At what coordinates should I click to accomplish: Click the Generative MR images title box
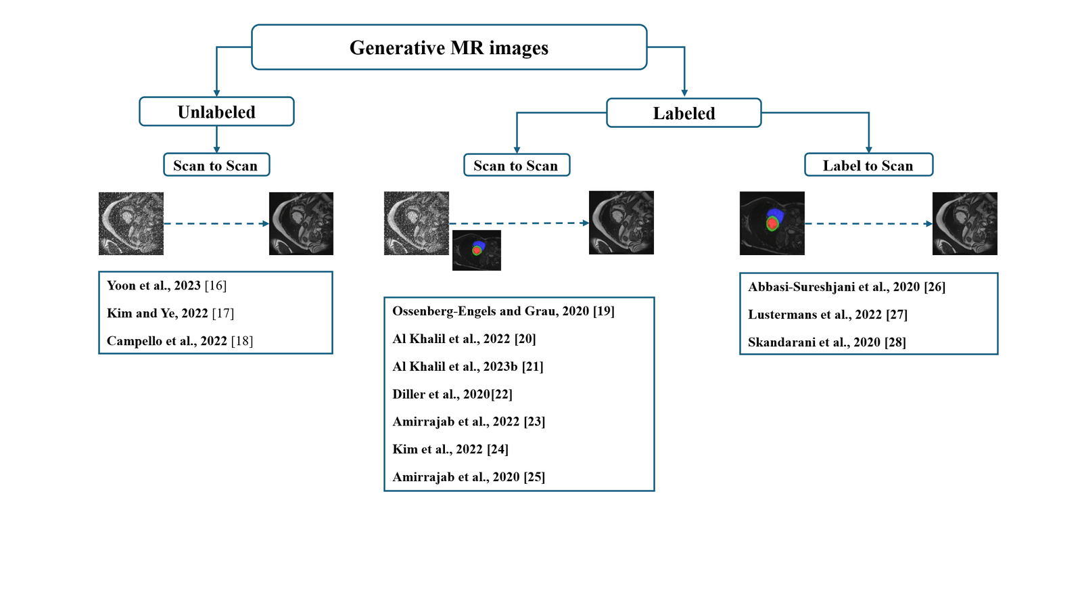449,47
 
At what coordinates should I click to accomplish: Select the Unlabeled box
216,112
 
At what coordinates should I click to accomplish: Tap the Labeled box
684,113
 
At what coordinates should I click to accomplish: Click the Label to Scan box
868,165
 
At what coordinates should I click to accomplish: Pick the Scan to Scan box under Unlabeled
216,165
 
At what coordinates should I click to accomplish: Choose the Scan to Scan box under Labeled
516,165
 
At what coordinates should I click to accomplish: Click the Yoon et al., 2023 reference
166,286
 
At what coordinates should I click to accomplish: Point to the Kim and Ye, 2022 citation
170,313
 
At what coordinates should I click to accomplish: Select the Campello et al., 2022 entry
180,341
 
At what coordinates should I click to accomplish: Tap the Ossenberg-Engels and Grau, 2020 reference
503,311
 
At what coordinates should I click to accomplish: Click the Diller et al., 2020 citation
452,394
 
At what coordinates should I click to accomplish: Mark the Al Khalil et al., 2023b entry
468,366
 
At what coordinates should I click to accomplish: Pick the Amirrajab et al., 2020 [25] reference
469,477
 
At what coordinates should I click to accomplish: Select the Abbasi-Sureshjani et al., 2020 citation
847,287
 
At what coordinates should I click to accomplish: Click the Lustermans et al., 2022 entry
828,315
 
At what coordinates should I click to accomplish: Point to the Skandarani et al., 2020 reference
827,342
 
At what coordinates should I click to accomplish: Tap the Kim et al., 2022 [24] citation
450,449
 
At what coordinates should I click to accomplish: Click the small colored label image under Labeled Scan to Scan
477,250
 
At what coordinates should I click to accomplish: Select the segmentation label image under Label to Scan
772,223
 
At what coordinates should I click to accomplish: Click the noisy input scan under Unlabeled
131,223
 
